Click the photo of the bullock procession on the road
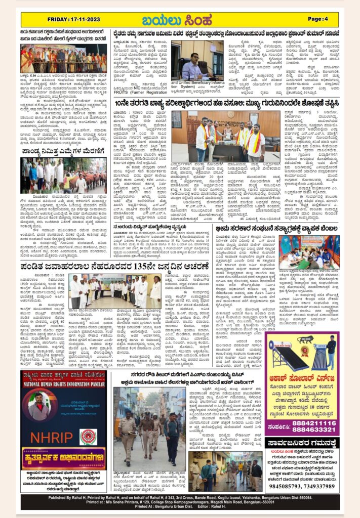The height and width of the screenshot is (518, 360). [63, 173]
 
